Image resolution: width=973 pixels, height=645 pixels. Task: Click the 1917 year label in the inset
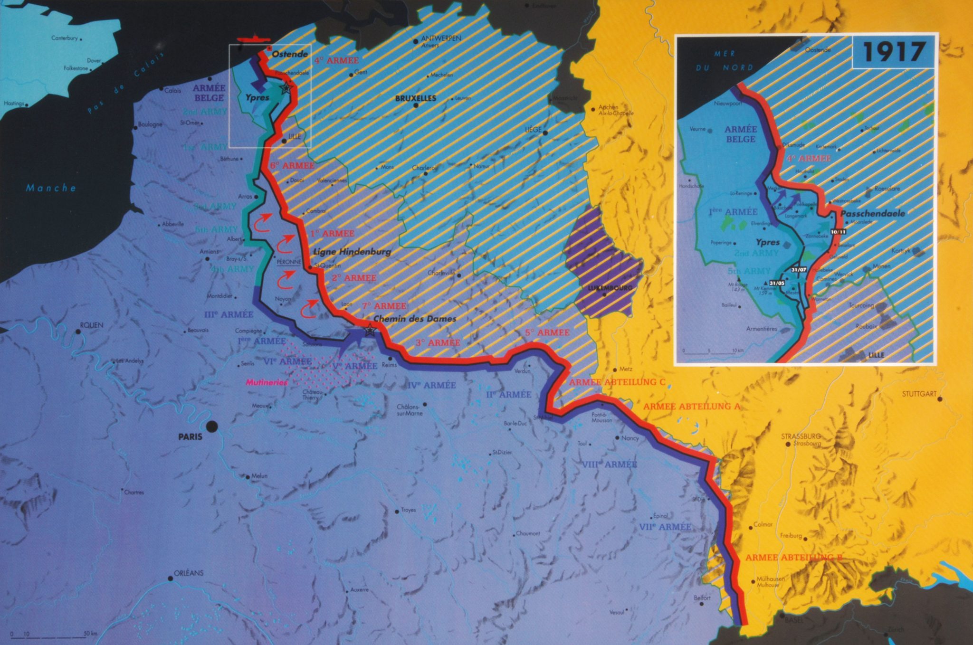pos(893,52)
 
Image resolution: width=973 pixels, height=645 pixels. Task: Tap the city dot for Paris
pos(212,427)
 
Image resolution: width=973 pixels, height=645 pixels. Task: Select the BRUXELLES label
pos(416,99)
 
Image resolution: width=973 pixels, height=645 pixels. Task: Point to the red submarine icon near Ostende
pos(254,39)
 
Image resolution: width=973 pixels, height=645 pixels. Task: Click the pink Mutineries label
pos(267,382)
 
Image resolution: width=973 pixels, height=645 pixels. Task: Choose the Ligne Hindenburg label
pos(352,252)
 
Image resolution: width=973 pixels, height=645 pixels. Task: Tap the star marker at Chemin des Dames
pos(369,331)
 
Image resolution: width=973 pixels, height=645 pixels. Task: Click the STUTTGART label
pos(919,394)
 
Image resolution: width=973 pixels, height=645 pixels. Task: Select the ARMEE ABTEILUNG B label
pos(793,558)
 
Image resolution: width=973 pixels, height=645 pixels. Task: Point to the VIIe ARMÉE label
pos(665,527)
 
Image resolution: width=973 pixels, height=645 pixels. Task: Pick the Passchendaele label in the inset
pos(873,214)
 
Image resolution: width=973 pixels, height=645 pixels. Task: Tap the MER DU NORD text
pos(725,60)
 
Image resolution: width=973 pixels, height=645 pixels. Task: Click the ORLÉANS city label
pos(189,573)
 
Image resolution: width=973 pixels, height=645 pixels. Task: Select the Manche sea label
pos(51,188)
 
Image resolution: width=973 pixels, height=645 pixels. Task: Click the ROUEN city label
pos(92,325)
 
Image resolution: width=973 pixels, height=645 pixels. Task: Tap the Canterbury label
pos(64,38)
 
